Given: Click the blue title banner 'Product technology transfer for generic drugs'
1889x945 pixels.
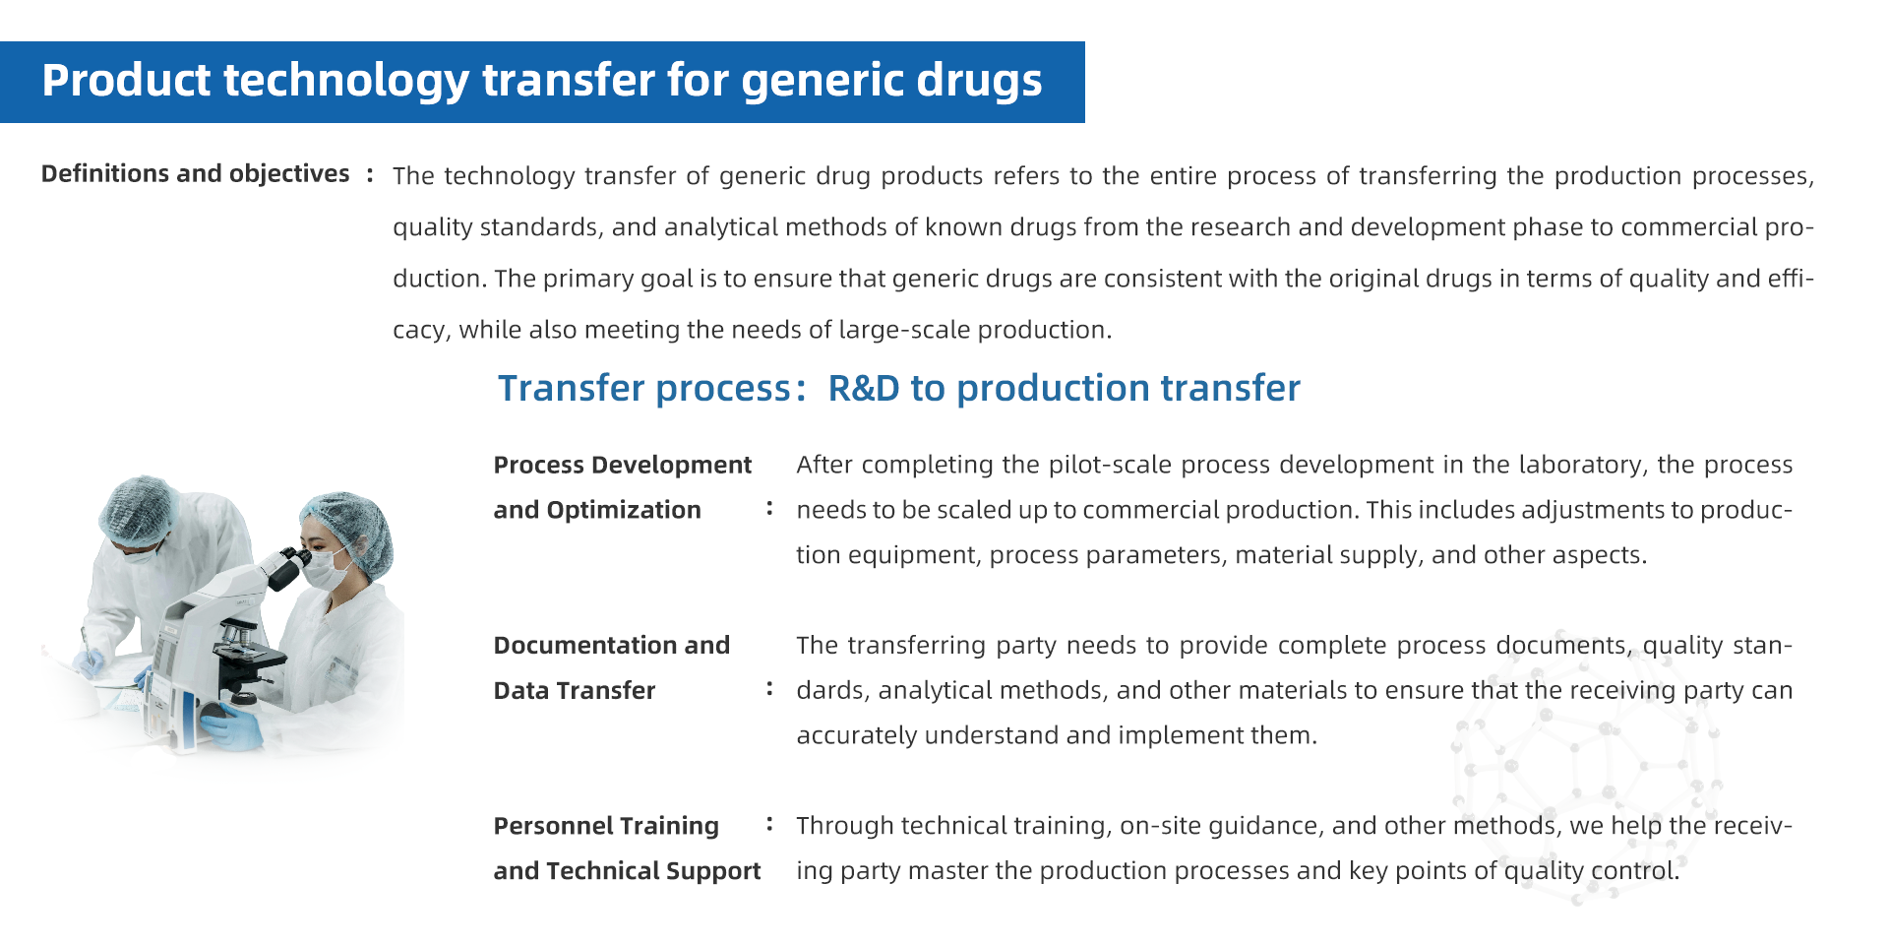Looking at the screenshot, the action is pos(542,82).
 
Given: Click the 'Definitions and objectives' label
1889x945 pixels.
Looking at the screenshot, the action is pos(195,174).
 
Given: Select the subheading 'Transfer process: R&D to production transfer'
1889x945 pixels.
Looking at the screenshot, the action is pos(898,388).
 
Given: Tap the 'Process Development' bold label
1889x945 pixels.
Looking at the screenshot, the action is pos(622,465).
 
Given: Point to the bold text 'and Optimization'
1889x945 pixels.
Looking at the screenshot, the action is pos(597,510).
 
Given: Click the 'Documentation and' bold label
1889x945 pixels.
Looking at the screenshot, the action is pos(611,645).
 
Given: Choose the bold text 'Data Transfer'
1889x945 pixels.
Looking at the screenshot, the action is pos(574,690).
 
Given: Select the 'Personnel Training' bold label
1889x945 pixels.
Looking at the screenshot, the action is pos(606,826).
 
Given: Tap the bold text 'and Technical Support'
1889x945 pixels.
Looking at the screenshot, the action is pos(627,871).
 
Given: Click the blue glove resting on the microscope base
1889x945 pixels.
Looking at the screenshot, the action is pos(233,727).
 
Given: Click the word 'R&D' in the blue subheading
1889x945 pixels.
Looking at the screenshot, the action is pos(864,388).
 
